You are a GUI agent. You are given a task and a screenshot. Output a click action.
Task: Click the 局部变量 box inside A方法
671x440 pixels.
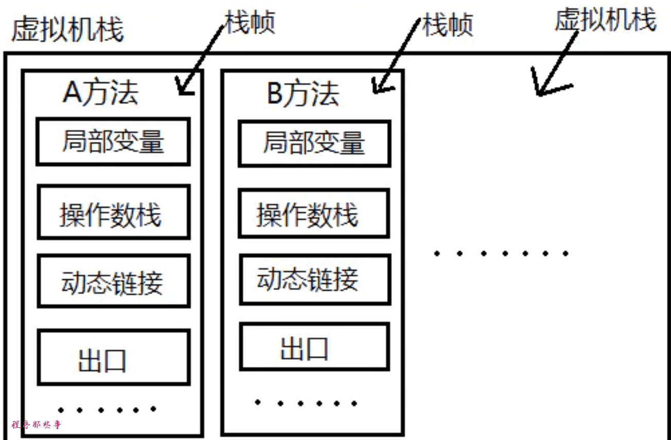coord(113,141)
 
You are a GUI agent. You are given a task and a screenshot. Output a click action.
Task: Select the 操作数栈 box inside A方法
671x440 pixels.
coord(113,212)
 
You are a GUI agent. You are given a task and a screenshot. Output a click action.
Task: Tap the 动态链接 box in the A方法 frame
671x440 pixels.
coord(113,281)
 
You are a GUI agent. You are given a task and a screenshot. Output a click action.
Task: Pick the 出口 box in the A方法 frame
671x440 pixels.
coord(113,357)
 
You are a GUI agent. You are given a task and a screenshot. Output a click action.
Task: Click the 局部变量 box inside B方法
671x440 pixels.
coord(314,143)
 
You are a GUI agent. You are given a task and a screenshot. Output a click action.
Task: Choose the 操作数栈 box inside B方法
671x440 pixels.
coord(314,213)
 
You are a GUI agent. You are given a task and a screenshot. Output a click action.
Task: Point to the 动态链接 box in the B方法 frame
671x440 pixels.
coord(314,279)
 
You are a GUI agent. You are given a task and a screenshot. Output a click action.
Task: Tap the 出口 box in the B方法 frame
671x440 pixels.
coord(314,346)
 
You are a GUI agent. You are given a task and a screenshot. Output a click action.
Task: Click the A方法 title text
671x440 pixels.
coord(100,93)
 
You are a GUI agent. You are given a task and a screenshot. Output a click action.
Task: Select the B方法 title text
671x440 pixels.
coord(303,94)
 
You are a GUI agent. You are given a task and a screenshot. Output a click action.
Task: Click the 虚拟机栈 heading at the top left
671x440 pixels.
coord(67,29)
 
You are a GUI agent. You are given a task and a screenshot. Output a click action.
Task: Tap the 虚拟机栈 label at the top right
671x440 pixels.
coord(605,21)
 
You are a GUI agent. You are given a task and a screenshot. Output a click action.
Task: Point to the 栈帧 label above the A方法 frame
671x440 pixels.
coord(250,23)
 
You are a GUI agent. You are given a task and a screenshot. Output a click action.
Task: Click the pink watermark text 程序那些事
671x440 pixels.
coord(36,425)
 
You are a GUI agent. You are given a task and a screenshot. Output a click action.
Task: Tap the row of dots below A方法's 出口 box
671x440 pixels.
coord(107,410)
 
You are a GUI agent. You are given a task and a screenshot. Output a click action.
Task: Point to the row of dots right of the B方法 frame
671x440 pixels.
coord(500,253)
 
